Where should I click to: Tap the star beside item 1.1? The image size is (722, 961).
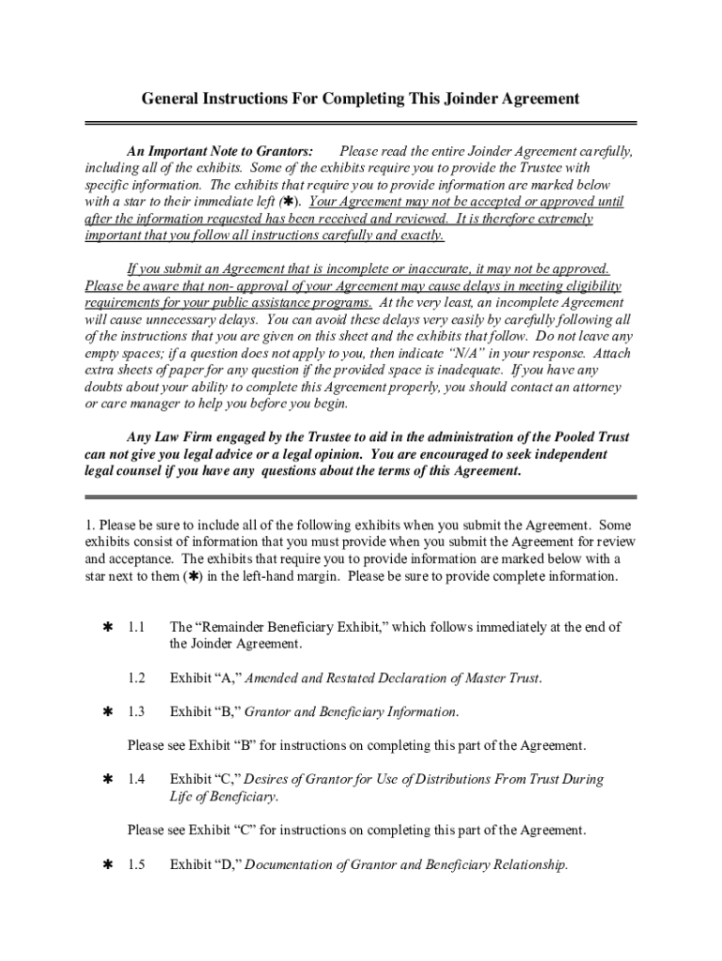point(107,627)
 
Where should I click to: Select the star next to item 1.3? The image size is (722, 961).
point(107,712)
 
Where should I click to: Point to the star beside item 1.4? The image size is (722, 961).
point(107,780)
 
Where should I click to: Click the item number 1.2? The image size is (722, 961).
point(137,678)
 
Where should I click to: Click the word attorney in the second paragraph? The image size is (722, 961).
point(596,388)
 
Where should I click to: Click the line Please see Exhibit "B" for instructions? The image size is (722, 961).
point(356,746)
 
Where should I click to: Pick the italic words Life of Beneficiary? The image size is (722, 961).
point(223,797)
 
